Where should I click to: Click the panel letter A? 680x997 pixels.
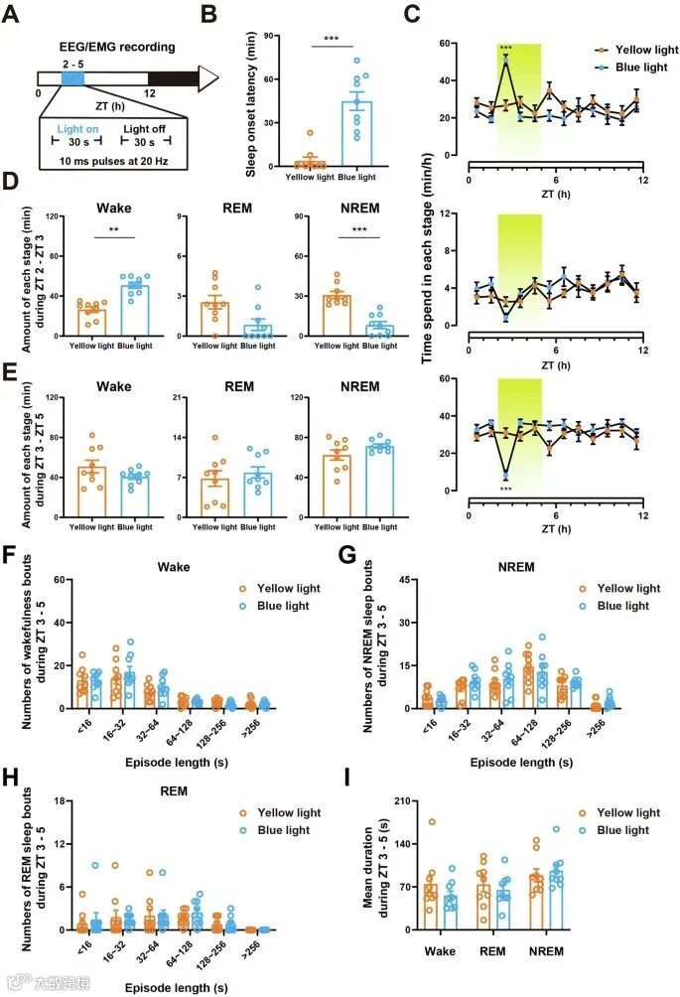coord(14,16)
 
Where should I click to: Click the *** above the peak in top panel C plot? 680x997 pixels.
coord(505,49)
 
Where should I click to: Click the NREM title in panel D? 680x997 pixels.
coord(327,209)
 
